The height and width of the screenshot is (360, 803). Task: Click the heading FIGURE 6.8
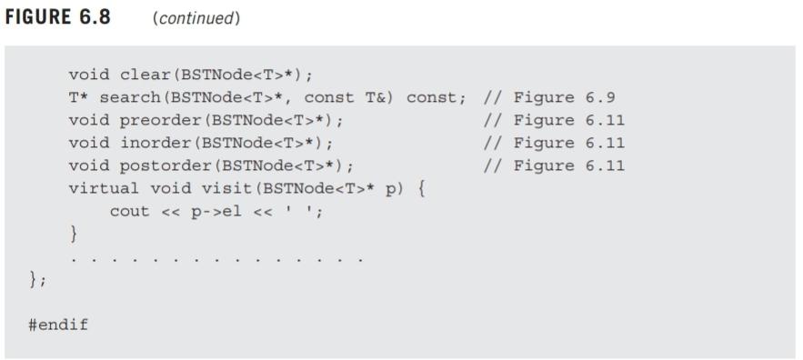pyautogui.click(x=58, y=18)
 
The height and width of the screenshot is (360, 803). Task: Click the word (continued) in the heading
pyautogui.click(x=197, y=19)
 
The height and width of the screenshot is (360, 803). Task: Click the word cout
pyautogui.click(x=130, y=211)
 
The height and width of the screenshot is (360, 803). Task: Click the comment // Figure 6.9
pyautogui.click(x=548, y=97)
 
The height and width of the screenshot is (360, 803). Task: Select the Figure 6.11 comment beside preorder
pyautogui.click(x=554, y=120)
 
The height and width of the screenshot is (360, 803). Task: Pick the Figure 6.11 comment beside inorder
pyautogui.click(x=554, y=143)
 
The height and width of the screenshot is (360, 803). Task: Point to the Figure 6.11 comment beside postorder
pyautogui.click(x=554, y=165)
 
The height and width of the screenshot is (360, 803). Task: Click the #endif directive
pyautogui.click(x=58, y=325)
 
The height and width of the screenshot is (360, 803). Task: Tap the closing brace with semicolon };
pyautogui.click(x=37, y=280)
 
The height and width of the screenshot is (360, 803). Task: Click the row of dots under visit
pyautogui.click(x=216, y=258)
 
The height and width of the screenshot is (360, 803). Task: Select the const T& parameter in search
pyautogui.click(x=348, y=97)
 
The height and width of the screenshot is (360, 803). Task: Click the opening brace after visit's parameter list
pyautogui.click(x=422, y=188)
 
